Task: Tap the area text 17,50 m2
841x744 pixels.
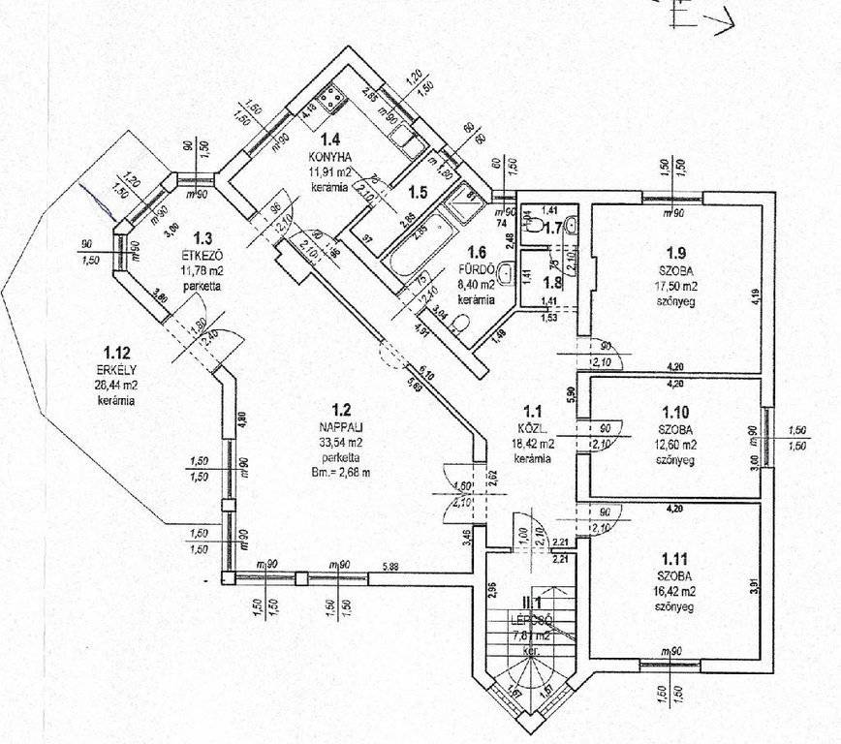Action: coord(674,286)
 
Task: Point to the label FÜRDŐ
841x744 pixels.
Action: coord(482,270)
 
